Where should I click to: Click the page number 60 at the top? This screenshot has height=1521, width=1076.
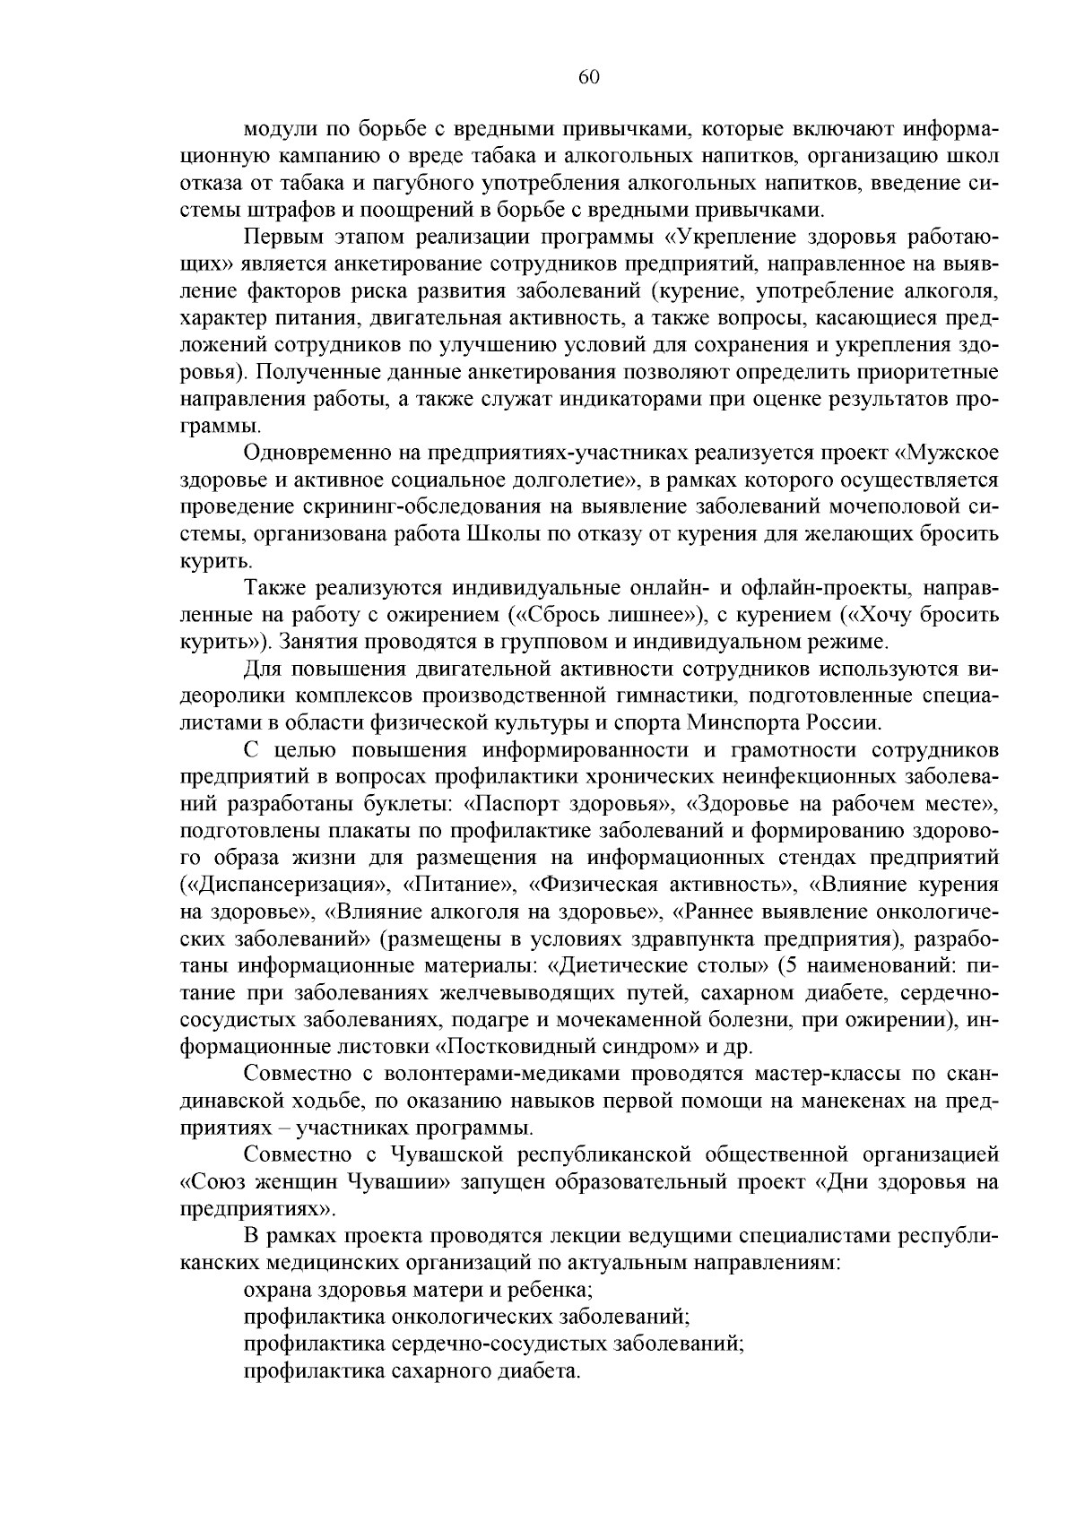(x=588, y=77)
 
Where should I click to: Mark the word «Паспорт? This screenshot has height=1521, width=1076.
(x=510, y=804)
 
